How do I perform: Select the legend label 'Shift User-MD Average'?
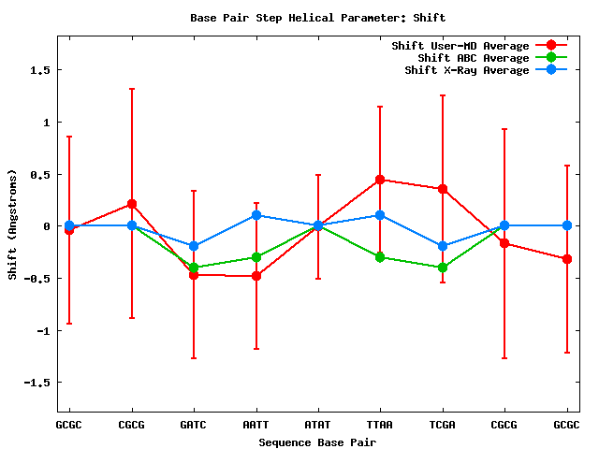click(x=460, y=46)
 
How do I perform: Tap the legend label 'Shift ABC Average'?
click(x=473, y=58)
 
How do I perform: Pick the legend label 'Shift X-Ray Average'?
click(x=466, y=70)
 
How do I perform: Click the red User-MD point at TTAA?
click(x=380, y=180)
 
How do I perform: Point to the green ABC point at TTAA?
click(x=380, y=257)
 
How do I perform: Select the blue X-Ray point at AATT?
click(x=256, y=215)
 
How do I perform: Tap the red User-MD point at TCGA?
click(x=442, y=189)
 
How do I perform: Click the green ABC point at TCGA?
click(x=442, y=268)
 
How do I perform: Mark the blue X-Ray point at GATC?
click(x=194, y=247)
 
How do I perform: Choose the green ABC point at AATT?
click(x=256, y=257)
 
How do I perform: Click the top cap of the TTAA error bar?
click(x=380, y=107)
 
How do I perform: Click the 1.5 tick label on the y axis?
click(x=39, y=70)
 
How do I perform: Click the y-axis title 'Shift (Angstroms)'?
click(x=12, y=225)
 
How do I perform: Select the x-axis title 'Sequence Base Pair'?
click(x=317, y=441)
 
